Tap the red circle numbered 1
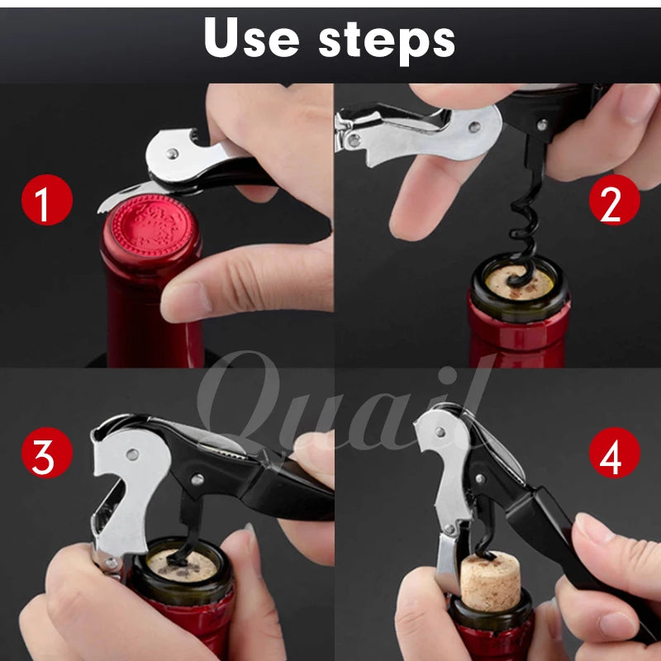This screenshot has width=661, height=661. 46,201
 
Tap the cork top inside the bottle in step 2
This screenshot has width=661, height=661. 519,283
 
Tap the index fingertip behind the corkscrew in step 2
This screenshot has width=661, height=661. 413,215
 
